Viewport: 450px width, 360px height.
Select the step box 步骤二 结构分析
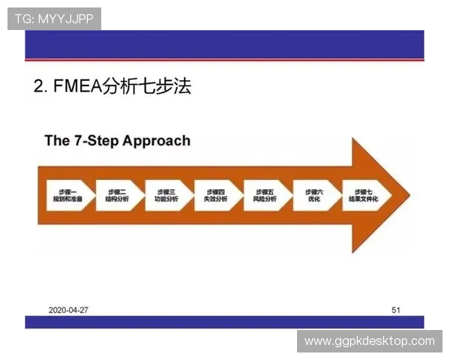pyautogui.click(x=117, y=195)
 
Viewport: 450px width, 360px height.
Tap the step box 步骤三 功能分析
pyautogui.click(x=166, y=195)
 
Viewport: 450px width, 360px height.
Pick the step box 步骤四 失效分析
pyautogui.click(x=215, y=195)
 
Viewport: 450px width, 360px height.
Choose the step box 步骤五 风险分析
pyautogui.click(x=265, y=195)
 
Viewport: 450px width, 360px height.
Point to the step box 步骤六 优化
pyautogui.click(x=313, y=195)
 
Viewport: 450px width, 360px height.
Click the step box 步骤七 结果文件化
pyautogui.click(x=362, y=195)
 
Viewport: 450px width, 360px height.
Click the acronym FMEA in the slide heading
pyautogui.click(x=77, y=87)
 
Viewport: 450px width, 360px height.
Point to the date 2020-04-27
pyautogui.click(x=69, y=309)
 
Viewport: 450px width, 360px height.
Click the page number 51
pyautogui.click(x=396, y=309)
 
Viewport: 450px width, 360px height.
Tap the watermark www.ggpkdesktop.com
pyautogui.click(x=369, y=341)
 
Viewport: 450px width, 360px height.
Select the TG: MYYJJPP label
pyautogui.click(x=54, y=18)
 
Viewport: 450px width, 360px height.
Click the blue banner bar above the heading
pyautogui.click(x=225, y=45)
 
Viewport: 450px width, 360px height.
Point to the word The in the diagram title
pyautogui.click(x=57, y=140)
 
